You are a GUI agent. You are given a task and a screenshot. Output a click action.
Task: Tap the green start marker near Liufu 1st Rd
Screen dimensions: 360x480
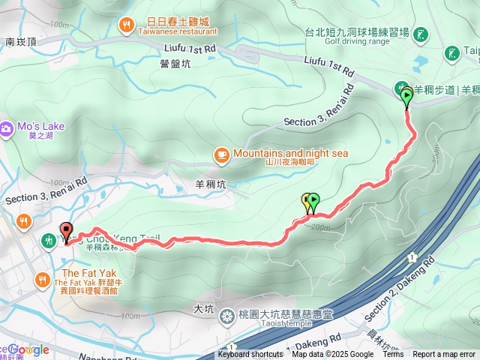(x=407, y=96)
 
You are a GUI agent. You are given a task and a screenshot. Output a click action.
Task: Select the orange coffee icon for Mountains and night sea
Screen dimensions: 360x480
(x=221, y=154)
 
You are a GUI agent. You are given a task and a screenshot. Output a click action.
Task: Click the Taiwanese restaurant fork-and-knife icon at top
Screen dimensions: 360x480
(x=126, y=28)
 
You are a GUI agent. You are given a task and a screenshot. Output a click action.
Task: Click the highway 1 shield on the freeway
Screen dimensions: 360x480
(x=412, y=257)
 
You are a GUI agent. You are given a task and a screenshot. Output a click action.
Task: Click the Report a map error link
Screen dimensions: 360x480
(x=444, y=355)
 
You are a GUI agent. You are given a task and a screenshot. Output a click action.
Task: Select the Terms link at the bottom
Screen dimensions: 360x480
(x=393, y=355)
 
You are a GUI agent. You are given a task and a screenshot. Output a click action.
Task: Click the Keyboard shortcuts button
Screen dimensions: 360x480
(x=250, y=355)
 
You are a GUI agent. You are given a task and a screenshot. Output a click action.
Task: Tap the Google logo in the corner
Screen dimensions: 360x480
(x=28, y=349)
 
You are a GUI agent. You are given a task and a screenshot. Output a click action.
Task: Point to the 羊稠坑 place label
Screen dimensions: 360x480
(x=210, y=182)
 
